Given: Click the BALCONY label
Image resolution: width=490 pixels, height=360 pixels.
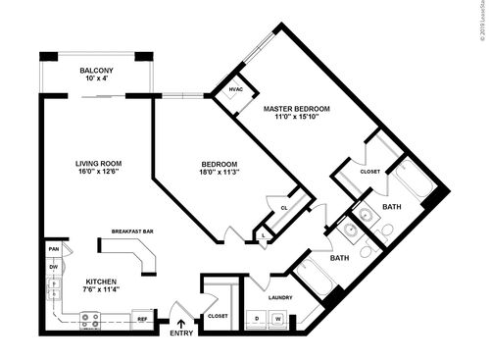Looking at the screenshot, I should [x=96, y=71].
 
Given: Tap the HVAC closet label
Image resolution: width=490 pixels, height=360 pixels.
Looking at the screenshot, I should [x=235, y=89].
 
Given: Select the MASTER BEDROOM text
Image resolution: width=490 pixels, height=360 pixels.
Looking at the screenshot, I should [x=297, y=108].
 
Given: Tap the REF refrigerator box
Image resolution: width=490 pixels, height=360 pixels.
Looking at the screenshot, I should [x=142, y=319].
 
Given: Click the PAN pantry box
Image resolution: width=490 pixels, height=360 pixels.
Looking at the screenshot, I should [x=54, y=249].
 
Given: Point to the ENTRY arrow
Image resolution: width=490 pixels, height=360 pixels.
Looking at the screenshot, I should [x=180, y=316].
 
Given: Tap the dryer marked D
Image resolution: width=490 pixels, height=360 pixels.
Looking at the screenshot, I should [x=258, y=319].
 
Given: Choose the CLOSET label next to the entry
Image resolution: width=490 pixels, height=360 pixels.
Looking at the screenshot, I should [x=218, y=316].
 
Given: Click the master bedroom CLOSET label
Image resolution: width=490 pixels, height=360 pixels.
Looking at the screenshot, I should [x=369, y=172].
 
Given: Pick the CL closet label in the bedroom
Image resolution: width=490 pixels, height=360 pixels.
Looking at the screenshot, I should [x=283, y=207].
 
